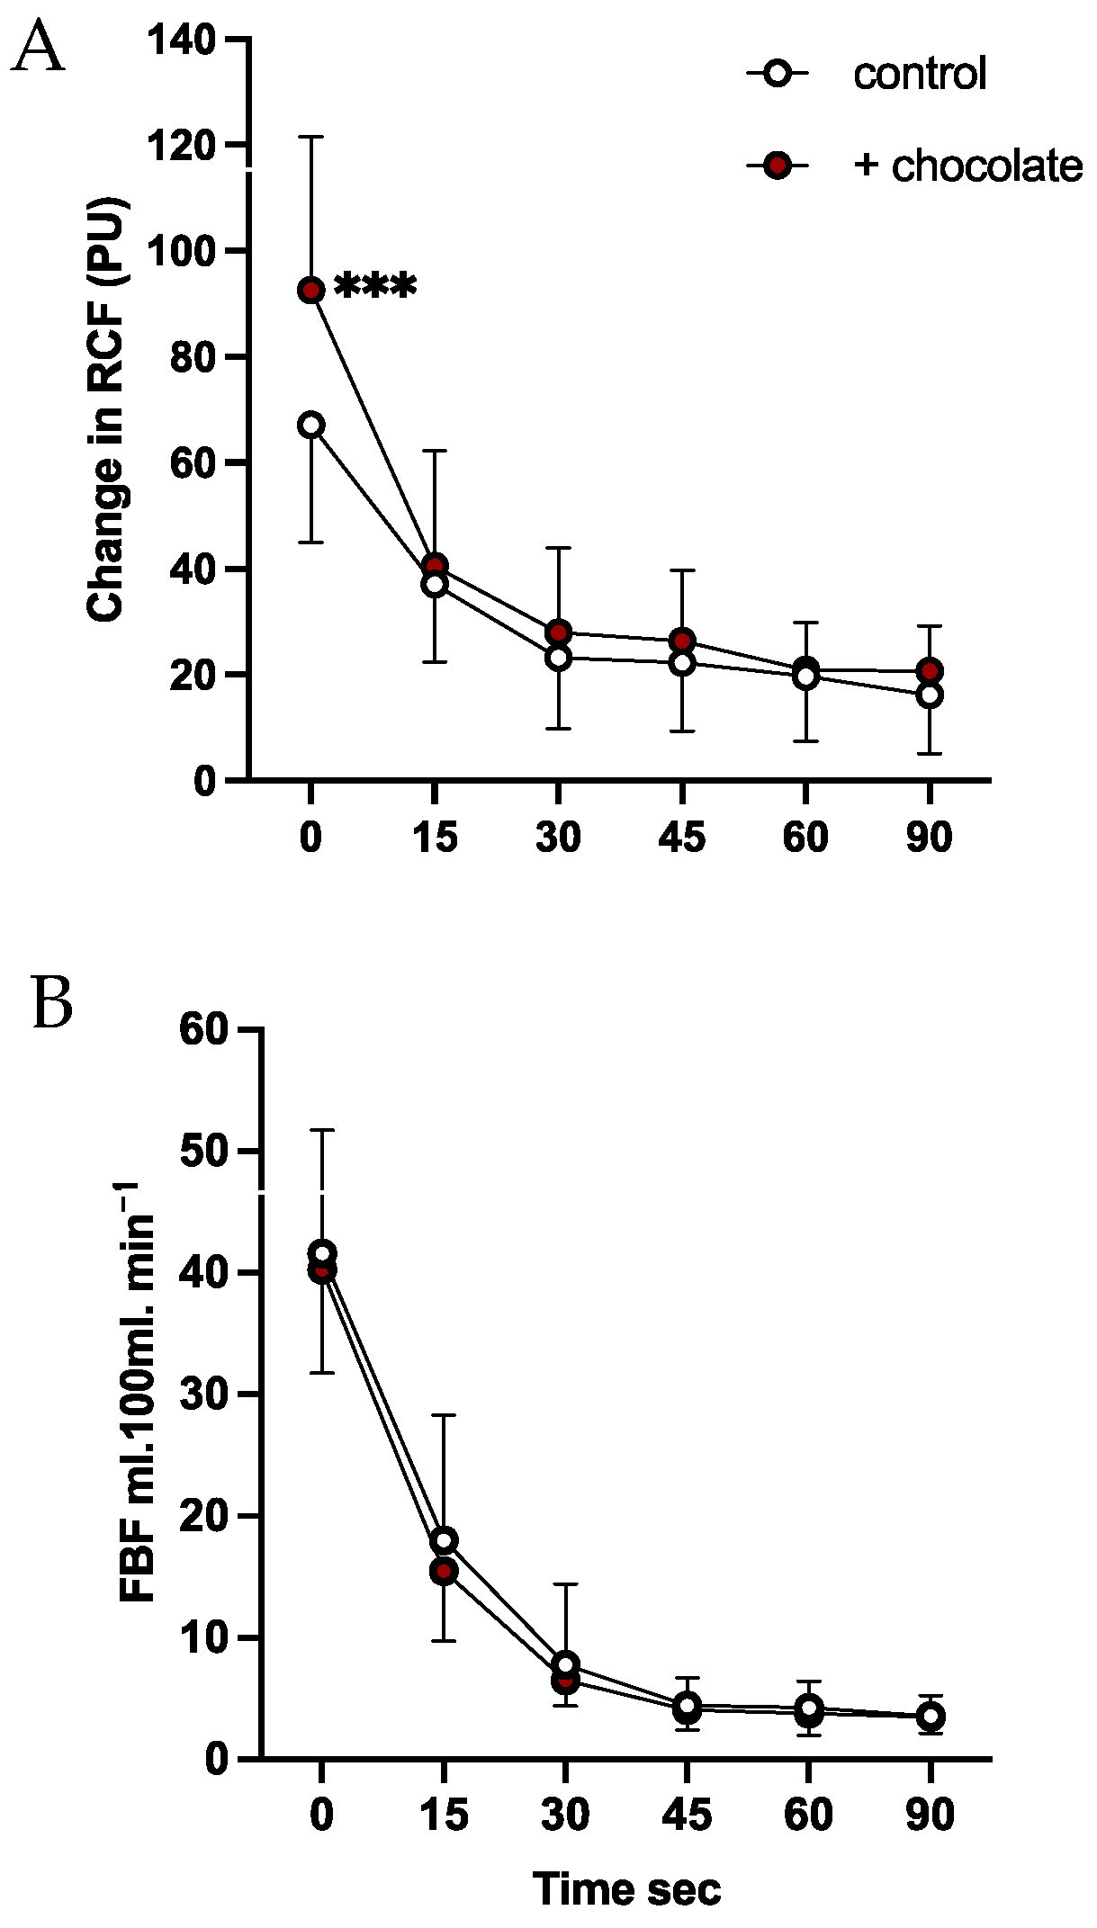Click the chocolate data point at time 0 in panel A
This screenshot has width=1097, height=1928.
tap(311, 291)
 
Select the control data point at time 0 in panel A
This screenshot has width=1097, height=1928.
tap(311, 425)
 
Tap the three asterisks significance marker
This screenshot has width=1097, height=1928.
tap(375, 288)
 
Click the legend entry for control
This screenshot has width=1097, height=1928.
tap(919, 73)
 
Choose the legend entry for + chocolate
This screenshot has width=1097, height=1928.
tap(967, 166)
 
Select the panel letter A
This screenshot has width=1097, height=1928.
tap(38, 49)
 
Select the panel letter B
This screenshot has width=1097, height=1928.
tap(52, 1002)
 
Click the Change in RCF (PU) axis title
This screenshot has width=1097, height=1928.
tap(106, 409)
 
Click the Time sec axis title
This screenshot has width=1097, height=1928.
tap(626, 1888)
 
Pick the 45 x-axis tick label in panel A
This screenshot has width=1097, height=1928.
tap(682, 838)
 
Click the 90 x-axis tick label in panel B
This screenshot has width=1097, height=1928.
tap(930, 1815)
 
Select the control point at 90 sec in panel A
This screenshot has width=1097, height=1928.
tap(930, 695)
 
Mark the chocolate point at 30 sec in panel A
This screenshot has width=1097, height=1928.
tap(559, 632)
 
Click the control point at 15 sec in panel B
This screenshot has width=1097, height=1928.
tap(444, 1540)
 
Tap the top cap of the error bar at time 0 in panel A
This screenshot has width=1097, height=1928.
tap(311, 137)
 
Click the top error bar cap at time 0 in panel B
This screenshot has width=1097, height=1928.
tap(322, 1129)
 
